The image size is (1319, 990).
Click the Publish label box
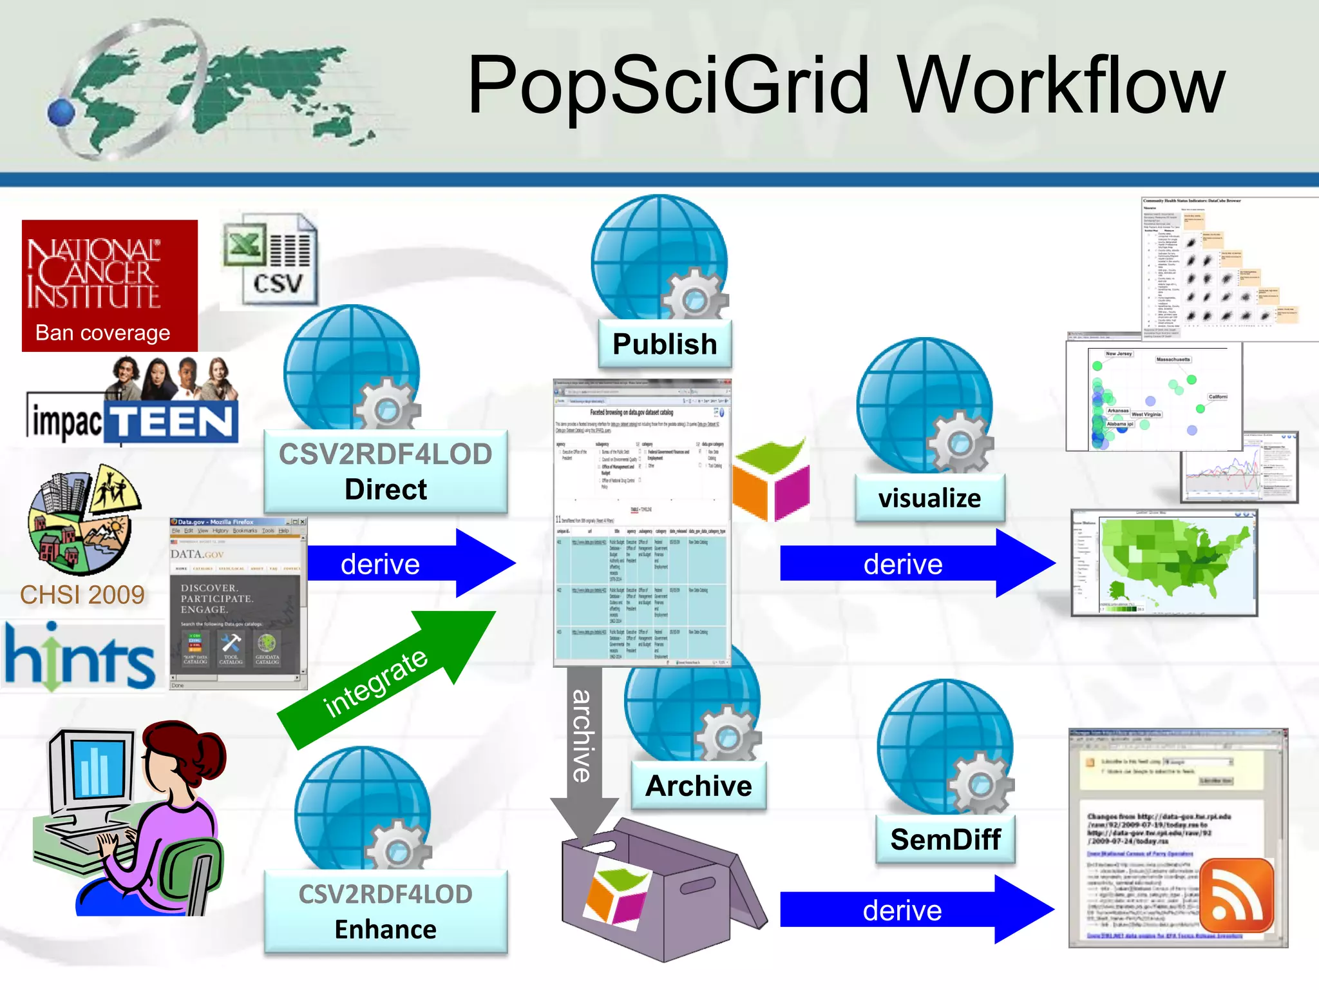point(665,344)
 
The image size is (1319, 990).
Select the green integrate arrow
point(386,680)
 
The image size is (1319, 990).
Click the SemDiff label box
point(945,839)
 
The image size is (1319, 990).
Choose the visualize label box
point(929,498)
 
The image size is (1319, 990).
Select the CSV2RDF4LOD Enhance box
point(386,912)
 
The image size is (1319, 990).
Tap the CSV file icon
point(270,261)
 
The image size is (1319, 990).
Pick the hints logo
point(81,657)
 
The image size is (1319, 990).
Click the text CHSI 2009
point(82,595)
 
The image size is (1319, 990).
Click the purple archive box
point(650,896)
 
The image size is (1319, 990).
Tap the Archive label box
point(699,786)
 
